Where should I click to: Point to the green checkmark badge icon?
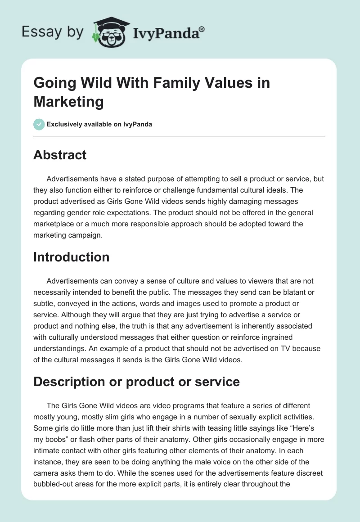coord(39,124)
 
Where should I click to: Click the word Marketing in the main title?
coord(68,102)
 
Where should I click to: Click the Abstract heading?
coord(60,155)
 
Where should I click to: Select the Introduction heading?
coord(72,257)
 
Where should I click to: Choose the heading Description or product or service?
coord(136,382)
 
